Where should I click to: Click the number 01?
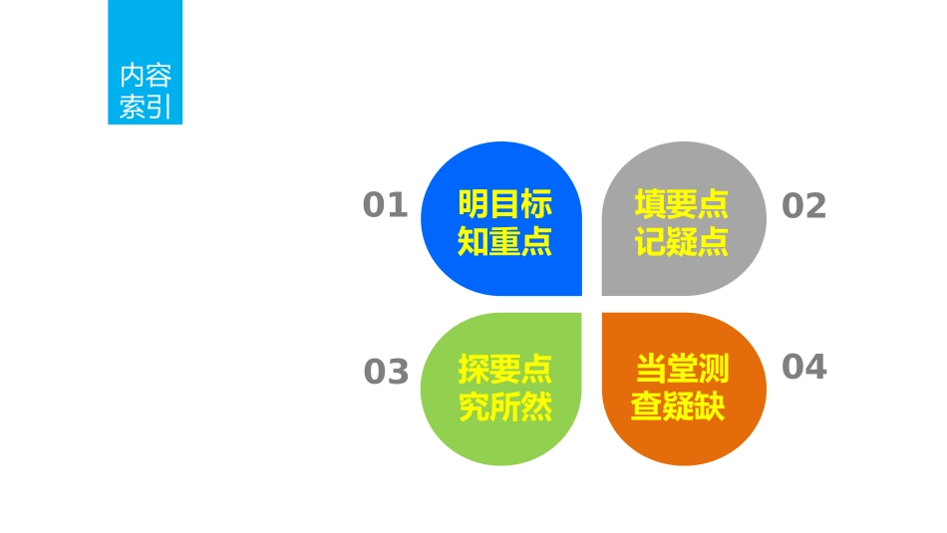pyautogui.click(x=385, y=205)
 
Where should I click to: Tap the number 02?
pyautogui.click(x=803, y=206)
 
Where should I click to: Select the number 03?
pyautogui.click(x=386, y=372)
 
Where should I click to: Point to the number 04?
pyautogui.click(x=803, y=367)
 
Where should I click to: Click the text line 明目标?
pyautogui.click(x=504, y=205)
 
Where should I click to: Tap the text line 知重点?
pyautogui.click(x=504, y=241)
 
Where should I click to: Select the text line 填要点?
pyautogui.click(x=682, y=205)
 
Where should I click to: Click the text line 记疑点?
pyautogui.click(x=682, y=241)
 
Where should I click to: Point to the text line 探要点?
pyautogui.click(x=504, y=370)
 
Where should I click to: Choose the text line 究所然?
pyautogui.click(x=504, y=406)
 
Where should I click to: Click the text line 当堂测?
pyautogui.click(x=683, y=370)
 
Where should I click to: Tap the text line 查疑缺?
pyautogui.click(x=678, y=406)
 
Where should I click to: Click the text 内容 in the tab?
pyautogui.click(x=146, y=76)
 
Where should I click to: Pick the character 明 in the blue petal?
pyautogui.click(x=473, y=205)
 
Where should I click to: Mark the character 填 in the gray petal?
pyautogui.click(x=651, y=205)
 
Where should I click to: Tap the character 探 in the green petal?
pyautogui.click(x=473, y=370)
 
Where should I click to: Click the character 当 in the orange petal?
pyautogui.click(x=652, y=370)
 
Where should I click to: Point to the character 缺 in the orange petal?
pyautogui.click(x=709, y=406)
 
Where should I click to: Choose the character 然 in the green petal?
pyautogui.click(x=536, y=406)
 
